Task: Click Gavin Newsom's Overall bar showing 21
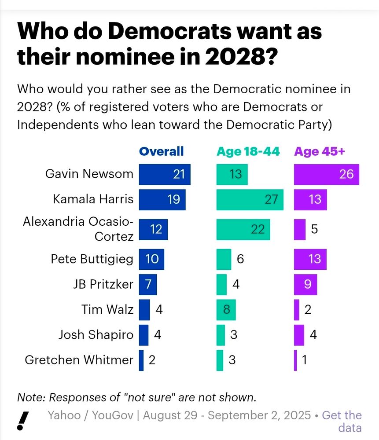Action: click(165, 174)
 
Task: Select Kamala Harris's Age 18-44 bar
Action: click(250, 199)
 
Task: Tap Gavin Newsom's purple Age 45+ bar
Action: click(327, 174)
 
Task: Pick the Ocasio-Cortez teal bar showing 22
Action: click(243, 229)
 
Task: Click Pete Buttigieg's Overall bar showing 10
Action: click(151, 259)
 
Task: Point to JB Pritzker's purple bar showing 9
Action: click(305, 284)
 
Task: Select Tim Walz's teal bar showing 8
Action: click(226, 309)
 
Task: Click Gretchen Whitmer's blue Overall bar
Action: click(141, 360)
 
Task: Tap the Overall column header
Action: click(161, 151)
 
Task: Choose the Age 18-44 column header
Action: click(248, 151)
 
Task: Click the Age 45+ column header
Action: click(320, 151)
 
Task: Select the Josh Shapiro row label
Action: click(96, 335)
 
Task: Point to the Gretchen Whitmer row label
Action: click(79, 360)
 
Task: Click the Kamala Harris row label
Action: click(93, 199)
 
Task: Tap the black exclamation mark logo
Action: click(23, 421)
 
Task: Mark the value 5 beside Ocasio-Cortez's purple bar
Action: click(315, 229)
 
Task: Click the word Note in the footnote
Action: click(31, 397)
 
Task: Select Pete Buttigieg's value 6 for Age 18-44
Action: click(240, 259)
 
